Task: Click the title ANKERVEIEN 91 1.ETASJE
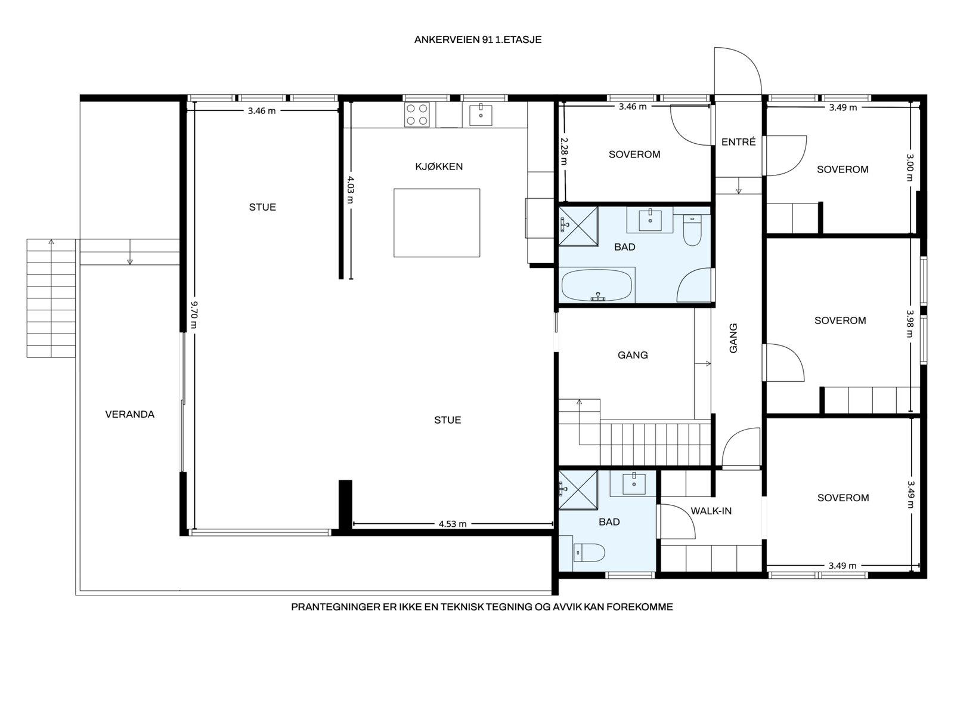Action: pos(477,39)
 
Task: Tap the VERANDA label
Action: pos(129,414)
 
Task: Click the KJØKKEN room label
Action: pos(438,166)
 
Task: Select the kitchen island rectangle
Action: pos(436,223)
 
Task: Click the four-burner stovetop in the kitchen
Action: pos(416,115)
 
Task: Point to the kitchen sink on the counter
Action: pos(480,115)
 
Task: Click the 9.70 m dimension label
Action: pos(194,315)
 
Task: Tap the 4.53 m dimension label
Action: pos(452,524)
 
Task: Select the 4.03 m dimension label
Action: pos(351,190)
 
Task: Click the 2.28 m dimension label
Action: pos(563,152)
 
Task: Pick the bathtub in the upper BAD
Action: pos(597,285)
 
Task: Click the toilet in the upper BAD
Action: pos(692,230)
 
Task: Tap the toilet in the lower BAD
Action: pos(589,553)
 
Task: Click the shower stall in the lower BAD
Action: pos(578,489)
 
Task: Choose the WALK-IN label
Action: pos(711,511)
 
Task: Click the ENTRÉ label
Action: pos(738,141)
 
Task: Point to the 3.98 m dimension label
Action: pos(910,323)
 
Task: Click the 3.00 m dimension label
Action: pos(910,168)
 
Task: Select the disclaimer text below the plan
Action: pos(482,607)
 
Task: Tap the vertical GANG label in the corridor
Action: pos(733,338)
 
